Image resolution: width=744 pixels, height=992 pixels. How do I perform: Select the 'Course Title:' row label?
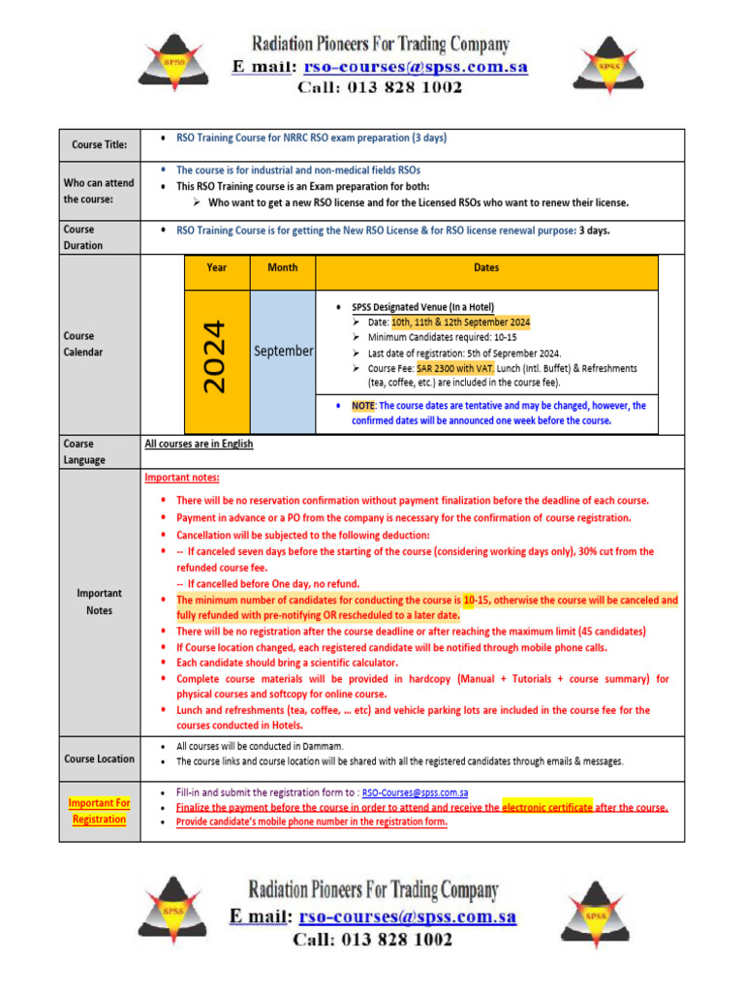99,144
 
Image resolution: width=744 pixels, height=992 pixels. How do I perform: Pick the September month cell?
283,351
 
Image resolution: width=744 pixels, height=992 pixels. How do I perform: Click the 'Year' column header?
217,267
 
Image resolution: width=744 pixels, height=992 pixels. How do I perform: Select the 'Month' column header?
282,267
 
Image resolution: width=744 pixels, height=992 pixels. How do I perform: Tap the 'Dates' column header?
486,267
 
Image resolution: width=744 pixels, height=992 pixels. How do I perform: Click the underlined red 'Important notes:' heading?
182,478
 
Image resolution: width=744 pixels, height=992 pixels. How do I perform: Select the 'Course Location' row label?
99,759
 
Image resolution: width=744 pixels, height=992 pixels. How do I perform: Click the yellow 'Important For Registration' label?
99,811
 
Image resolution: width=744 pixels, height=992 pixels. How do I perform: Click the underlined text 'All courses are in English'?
199,444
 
